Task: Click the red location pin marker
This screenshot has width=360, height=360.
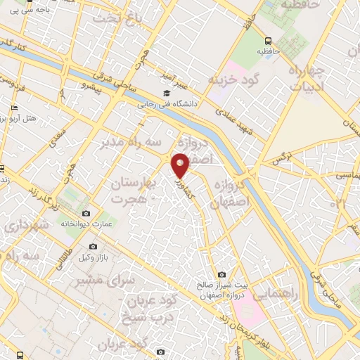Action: (x=181, y=165)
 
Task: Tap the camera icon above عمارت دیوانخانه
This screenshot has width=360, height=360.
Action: (x=86, y=213)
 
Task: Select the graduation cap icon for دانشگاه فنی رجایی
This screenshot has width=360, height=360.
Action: (x=166, y=94)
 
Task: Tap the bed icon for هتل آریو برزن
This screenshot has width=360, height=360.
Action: (x=14, y=108)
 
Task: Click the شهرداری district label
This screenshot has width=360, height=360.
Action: (x=25, y=226)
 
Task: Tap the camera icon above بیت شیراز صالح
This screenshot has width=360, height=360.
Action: (x=222, y=274)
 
